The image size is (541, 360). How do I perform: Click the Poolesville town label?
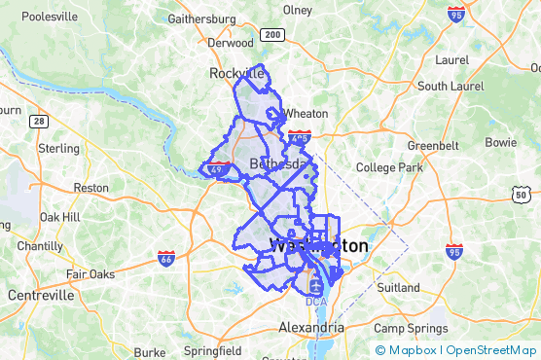[x=49, y=17]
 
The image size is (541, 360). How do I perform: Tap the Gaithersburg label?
[x=202, y=18]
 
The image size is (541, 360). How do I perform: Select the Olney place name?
[x=297, y=10]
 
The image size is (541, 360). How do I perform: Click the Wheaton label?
[x=306, y=113]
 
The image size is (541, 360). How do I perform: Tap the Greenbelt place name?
[x=433, y=145]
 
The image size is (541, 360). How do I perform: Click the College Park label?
[x=389, y=167]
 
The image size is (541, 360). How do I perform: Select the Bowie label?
[x=501, y=142]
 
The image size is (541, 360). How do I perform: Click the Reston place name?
[x=91, y=187]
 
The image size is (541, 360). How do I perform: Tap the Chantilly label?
[x=40, y=246]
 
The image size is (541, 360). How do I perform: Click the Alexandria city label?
[x=311, y=327]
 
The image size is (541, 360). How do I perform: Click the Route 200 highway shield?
[x=272, y=35]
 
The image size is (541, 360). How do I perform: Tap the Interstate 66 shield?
[x=166, y=257]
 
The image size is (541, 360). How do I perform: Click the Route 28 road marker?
[x=38, y=121]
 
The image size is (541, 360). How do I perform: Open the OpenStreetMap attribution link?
[x=492, y=350]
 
